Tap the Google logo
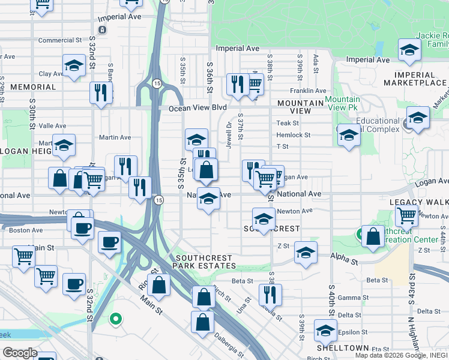tap(20, 353)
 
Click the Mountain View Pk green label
tap(343, 103)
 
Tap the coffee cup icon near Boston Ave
tap(82, 227)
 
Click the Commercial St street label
tap(59, 41)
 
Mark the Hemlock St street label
tap(294, 135)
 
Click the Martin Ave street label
tap(115, 137)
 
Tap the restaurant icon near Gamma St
tap(271, 294)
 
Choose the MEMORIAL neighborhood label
tap(32, 87)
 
